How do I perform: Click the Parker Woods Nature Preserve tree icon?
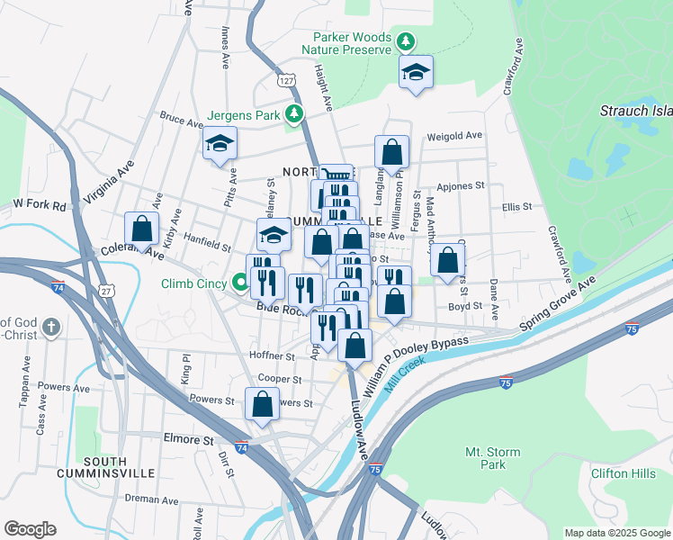click(x=407, y=40)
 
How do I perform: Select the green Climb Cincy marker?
click(x=240, y=283)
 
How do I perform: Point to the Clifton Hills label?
click(x=623, y=473)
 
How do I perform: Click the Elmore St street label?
click(x=188, y=441)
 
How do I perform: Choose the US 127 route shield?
click(x=286, y=81)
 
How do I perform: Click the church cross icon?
click(x=52, y=326)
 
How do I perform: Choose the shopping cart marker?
click(x=336, y=175)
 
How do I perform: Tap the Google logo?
click(x=30, y=529)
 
